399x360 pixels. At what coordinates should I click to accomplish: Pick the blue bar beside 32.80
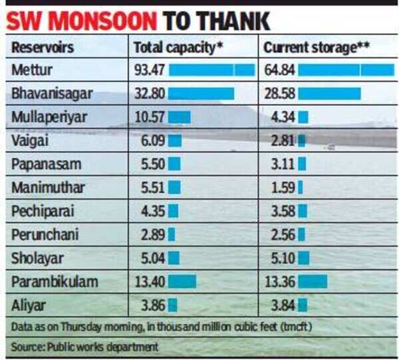[201, 92]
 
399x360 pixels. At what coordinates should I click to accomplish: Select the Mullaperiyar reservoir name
[49, 117]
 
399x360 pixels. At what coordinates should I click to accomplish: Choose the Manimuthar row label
[48, 188]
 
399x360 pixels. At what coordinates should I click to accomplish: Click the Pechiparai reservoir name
[43, 211]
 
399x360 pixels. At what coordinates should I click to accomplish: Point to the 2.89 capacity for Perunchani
[150, 234]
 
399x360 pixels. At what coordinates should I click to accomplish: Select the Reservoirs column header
[43, 48]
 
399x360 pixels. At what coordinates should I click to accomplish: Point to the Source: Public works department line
[85, 346]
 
